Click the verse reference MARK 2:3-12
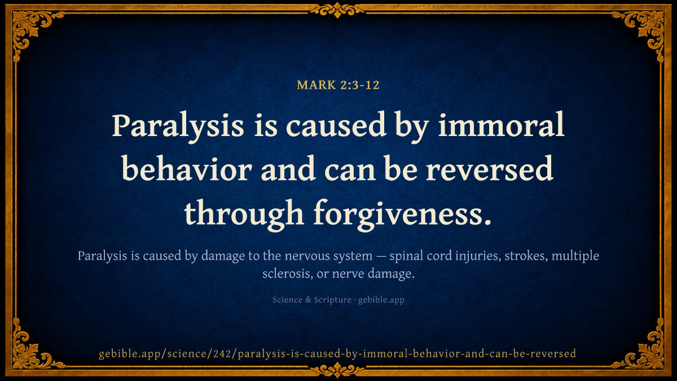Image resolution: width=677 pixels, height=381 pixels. click(338, 85)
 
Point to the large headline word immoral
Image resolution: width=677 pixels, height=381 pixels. click(501, 124)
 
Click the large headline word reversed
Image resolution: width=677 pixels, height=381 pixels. click(490, 168)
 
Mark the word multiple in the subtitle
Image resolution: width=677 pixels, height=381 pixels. click(575, 256)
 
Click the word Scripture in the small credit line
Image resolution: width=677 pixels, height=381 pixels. click(332, 300)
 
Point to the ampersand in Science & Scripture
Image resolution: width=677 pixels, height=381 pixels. click(308, 300)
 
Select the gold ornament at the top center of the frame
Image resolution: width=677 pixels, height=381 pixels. click(337, 10)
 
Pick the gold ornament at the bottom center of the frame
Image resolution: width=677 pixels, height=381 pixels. click(337, 370)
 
